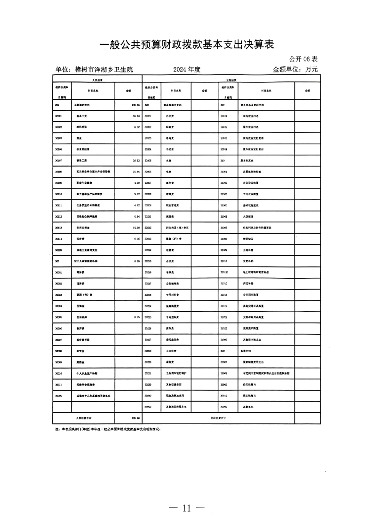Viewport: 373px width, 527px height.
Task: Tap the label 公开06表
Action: [303, 59]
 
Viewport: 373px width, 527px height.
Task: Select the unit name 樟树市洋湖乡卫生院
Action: [94, 70]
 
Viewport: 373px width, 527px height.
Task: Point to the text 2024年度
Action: [187, 70]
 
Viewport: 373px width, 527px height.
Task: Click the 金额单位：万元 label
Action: [295, 70]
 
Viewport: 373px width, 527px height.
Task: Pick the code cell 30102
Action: [59, 126]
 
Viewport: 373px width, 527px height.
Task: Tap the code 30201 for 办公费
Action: [148, 116]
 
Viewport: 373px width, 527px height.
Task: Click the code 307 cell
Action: [222, 105]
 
